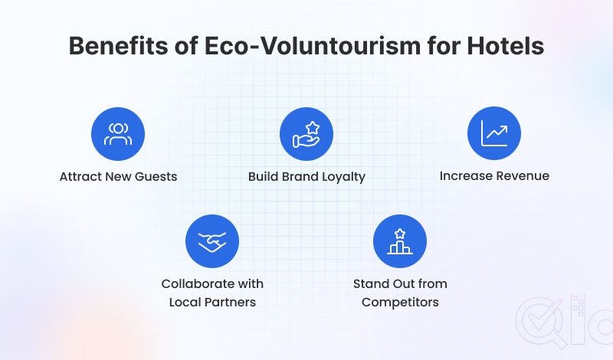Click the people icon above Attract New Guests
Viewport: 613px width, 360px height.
pos(118,134)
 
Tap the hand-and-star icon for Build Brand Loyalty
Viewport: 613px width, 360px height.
pos(306,134)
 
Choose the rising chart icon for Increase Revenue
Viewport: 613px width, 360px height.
pos(494,134)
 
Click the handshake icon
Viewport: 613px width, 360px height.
pos(212,241)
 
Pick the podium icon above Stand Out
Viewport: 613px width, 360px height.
pos(400,241)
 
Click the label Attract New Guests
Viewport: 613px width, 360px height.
pos(118,176)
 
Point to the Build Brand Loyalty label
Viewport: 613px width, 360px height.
pos(306,176)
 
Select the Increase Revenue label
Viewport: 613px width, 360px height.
pos(494,175)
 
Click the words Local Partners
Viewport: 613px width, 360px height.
pos(212,302)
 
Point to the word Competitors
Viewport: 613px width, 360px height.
pos(400,302)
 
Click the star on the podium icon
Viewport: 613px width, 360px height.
pos(400,232)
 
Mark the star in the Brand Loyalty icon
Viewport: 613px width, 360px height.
pos(312,127)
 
